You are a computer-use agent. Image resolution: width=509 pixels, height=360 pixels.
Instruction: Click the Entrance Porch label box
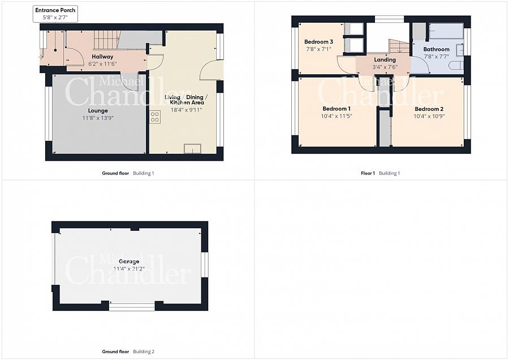55,14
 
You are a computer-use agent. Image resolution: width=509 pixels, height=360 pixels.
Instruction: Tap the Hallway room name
102,57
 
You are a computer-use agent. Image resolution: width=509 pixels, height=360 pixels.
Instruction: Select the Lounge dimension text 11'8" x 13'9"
98,118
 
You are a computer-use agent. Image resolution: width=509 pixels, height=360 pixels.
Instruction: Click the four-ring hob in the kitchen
155,117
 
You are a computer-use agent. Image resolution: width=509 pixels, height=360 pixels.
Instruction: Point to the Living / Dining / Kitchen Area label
186,100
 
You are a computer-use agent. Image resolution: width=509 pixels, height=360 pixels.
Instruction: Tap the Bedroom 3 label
318,41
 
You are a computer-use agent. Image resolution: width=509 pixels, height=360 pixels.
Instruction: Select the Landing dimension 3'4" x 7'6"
385,67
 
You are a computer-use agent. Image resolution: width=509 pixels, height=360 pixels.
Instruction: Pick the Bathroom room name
436,49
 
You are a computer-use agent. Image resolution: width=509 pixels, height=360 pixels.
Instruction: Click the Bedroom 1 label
337,109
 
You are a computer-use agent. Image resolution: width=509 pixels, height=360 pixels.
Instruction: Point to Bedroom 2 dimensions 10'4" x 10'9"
429,116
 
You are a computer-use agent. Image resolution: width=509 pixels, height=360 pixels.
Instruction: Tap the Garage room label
129,262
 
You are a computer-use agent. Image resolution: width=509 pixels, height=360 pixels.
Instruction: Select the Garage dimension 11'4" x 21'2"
129,269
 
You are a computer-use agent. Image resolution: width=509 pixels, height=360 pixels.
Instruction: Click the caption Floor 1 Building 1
381,173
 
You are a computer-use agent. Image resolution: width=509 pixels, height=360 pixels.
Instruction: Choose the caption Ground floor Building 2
128,352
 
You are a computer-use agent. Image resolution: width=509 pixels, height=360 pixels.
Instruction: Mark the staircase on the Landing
399,46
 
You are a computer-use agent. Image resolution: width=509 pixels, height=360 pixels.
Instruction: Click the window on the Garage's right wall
205,265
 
